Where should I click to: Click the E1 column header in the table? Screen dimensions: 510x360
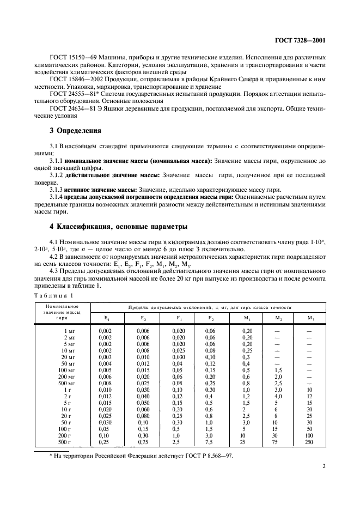(106, 317)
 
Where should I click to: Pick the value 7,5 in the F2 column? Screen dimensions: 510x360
(210, 442)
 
